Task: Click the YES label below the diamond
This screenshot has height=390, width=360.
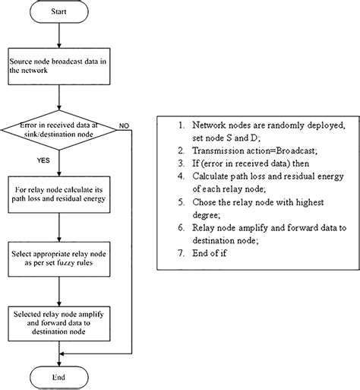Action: coord(46,161)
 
